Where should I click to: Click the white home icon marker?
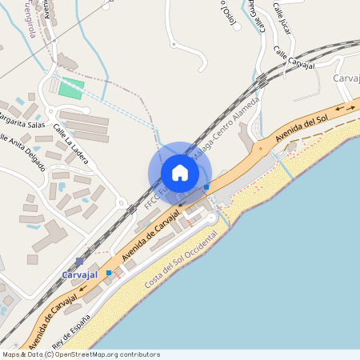180,173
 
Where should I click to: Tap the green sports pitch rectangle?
71,89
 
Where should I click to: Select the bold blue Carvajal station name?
79,274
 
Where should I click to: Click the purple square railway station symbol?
79,262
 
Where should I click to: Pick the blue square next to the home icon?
206,186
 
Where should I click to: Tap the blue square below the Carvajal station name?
109,273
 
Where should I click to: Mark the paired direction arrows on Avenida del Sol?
346,107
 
